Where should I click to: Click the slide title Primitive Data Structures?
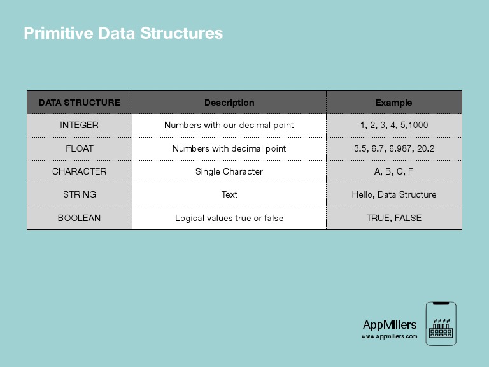[x=124, y=33]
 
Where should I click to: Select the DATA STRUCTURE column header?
[x=80, y=103]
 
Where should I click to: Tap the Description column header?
[x=229, y=103]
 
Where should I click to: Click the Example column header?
[x=393, y=103]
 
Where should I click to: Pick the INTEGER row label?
[x=80, y=126]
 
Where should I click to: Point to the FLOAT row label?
[x=80, y=148]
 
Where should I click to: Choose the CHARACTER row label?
[x=80, y=171]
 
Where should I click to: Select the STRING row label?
[x=80, y=194]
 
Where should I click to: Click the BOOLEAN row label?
[x=80, y=218]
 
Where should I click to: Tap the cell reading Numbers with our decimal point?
[x=229, y=126]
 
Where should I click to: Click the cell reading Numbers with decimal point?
[x=229, y=148]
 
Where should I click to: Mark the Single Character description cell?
[x=229, y=171]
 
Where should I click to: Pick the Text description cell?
[x=229, y=194]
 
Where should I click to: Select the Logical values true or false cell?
[x=229, y=218]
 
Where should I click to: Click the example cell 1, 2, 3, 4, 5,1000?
[x=393, y=126]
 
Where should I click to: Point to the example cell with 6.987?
[x=393, y=148]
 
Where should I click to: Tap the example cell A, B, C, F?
[x=393, y=171]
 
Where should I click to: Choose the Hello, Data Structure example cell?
[x=393, y=194]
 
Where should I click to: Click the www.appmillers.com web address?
[x=390, y=336]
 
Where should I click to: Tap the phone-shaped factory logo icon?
[x=441, y=324]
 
